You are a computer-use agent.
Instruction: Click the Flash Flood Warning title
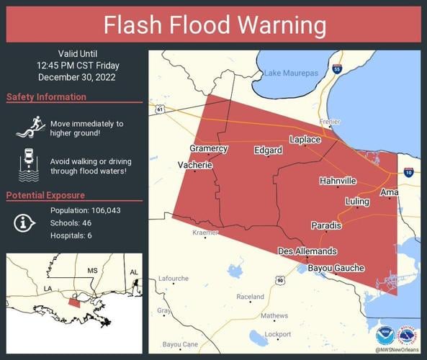click(x=214, y=25)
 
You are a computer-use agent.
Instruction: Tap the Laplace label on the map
click(x=305, y=139)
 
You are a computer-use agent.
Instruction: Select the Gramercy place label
click(x=208, y=148)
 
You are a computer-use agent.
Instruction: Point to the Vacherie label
click(x=195, y=165)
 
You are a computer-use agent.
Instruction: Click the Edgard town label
click(x=268, y=150)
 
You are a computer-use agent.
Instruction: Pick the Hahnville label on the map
click(x=338, y=181)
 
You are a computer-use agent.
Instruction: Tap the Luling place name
click(x=357, y=202)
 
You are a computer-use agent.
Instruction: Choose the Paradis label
click(x=326, y=226)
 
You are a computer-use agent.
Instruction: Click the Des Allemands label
click(x=307, y=251)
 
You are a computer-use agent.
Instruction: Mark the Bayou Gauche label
click(x=336, y=268)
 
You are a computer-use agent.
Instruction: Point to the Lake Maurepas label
click(x=290, y=73)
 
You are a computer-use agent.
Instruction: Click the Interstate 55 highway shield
click(x=337, y=69)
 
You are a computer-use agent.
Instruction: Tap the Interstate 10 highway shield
click(x=408, y=172)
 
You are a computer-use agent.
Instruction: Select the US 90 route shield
click(x=279, y=280)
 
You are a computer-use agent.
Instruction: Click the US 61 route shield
click(x=159, y=109)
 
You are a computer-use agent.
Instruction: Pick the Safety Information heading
click(x=46, y=97)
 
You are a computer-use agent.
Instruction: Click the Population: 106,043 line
click(x=84, y=210)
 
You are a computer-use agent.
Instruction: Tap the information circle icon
click(x=24, y=223)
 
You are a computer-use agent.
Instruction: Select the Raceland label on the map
click(x=250, y=297)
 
